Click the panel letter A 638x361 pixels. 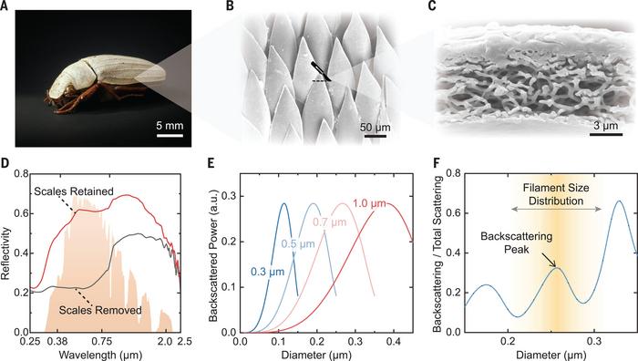click(6, 7)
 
